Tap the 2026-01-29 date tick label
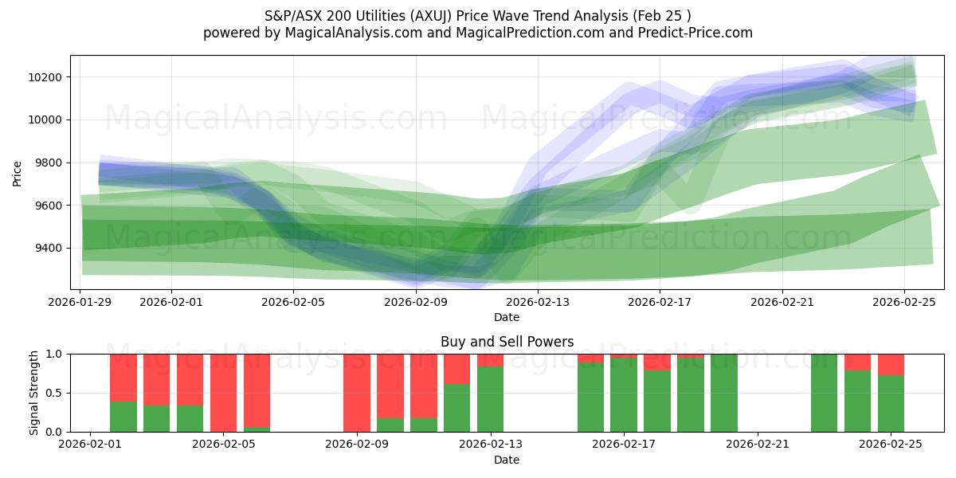pos(81,302)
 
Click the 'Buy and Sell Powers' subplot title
pos(507,342)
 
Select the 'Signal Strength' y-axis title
pos(33,393)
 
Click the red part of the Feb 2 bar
pos(123,377)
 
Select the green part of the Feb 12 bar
pos(457,408)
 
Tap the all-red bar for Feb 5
pos(224,393)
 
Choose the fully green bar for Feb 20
pos(724,393)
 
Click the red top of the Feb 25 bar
pos(891,364)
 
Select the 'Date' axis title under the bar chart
pos(507,460)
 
